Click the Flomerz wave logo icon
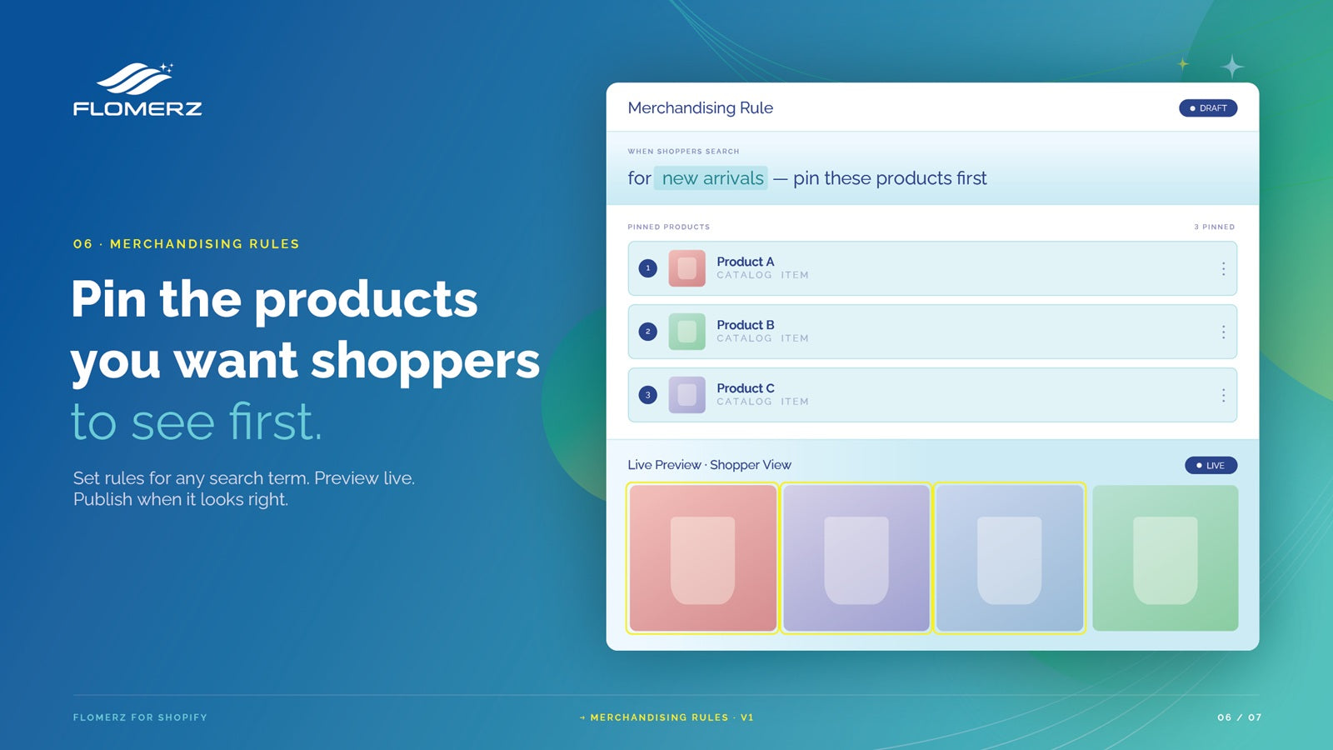[x=135, y=78]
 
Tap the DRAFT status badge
[x=1208, y=108]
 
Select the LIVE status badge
[x=1211, y=466]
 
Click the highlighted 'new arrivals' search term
[x=711, y=178]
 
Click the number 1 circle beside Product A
[x=648, y=268]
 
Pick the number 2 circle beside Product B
[x=648, y=332]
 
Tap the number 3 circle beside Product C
[x=648, y=395]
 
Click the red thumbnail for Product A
[x=686, y=268]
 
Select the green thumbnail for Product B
[x=686, y=332]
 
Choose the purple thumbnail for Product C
[x=686, y=395]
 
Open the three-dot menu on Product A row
[x=1224, y=269]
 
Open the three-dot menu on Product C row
[x=1224, y=395]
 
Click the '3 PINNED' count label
[x=1214, y=227]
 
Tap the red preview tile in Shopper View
[x=703, y=557]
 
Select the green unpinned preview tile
[x=1166, y=557]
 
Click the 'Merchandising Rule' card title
[x=701, y=107]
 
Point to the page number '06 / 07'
[x=1239, y=717]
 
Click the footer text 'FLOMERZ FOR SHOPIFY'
[x=140, y=717]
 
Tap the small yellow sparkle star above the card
[x=1183, y=63]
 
